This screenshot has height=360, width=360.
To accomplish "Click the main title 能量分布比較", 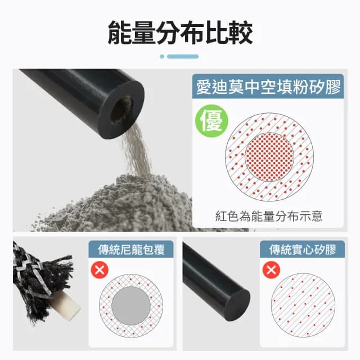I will pos(180,33).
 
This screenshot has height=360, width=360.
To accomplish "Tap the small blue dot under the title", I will pos(162,56).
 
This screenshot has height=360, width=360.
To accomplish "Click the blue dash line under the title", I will pos(183,56).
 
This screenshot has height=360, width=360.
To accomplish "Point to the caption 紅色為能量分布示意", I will pos(269,216).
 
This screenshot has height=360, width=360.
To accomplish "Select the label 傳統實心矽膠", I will pos(302,249).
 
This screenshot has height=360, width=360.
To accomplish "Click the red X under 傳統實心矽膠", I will pos(272,271).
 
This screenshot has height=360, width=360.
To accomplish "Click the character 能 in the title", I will pos(120,33).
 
